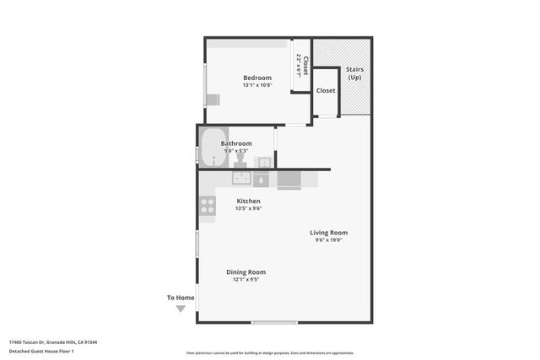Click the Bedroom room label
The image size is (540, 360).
(x=256, y=78)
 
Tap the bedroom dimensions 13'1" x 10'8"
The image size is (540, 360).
(x=256, y=85)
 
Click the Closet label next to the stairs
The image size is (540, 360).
(x=326, y=90)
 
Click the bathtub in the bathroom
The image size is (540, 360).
(x=213, y=147)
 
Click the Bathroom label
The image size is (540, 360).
(x=236, y=143)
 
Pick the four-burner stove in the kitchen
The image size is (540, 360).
(x=207, y=203)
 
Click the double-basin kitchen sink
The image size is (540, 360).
(x=241, y=179)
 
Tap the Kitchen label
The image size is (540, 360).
(x=248, y=201)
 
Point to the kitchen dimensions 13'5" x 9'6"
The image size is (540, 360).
(x=248, y=209)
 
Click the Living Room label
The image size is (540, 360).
(x=328, y=233)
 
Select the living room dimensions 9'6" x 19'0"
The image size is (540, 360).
(x=328, y=240)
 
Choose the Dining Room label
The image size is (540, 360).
(x=246, y=271)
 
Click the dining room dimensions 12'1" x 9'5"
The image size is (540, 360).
(x=246, y=279)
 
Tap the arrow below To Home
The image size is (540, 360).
(x=181, y=309)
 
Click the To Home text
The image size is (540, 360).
(x=181, y=298)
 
